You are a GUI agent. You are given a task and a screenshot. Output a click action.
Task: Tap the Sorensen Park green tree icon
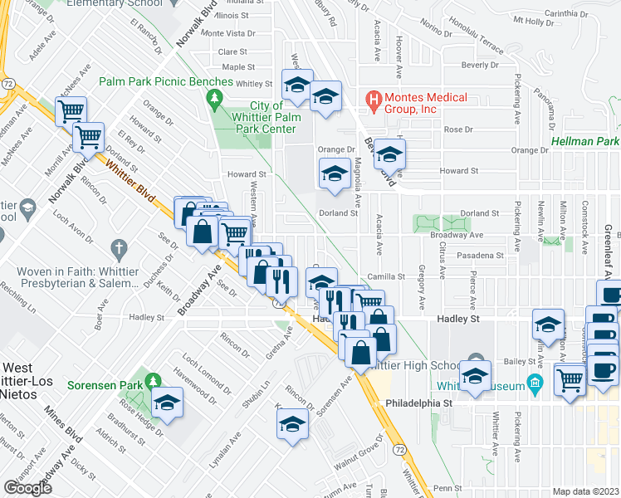152,381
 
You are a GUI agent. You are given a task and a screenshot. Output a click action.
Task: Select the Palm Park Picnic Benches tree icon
215,100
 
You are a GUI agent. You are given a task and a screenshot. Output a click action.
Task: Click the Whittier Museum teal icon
535,385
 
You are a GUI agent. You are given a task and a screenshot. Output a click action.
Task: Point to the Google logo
27,487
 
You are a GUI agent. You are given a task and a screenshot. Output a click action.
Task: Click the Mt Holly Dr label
531,20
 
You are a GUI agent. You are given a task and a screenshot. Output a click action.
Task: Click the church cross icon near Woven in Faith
118,248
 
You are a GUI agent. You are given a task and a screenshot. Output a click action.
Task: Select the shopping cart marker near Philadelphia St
570,382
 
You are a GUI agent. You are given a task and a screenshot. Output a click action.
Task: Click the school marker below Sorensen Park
168,402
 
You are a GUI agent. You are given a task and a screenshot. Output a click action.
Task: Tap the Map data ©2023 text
586,491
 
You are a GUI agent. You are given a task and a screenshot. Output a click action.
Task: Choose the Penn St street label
447,488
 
